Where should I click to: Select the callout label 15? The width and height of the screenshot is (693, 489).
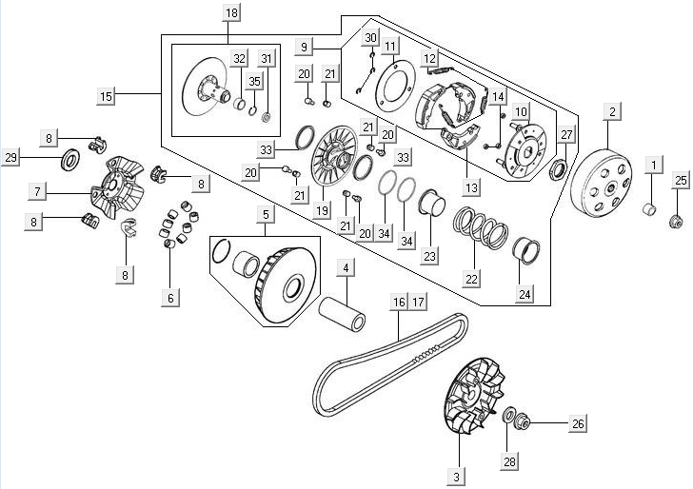pyautogui.click(x=106, y=95)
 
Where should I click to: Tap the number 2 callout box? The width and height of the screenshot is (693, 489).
pyautogui.click(x=613, y=111)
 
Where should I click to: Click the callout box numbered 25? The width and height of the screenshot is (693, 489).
pyautogui.click(x=681, y=180)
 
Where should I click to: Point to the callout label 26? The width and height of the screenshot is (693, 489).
pyautogui.click(x=578, y=424)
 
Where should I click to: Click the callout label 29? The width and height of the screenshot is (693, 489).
pyautogui.click(x=11, y=157)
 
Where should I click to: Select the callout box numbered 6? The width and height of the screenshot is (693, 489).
pyautogui.click(x=171, y=298)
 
